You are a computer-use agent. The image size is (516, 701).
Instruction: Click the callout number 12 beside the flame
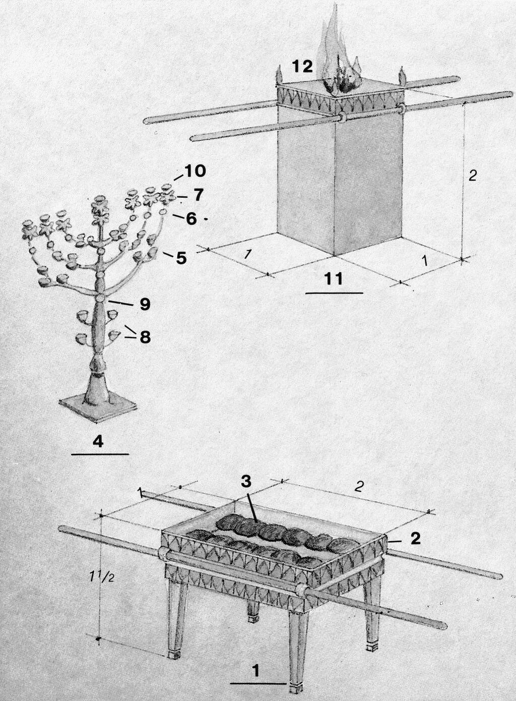click(x=302, y=67)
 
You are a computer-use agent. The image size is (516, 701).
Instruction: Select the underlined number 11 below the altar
click(x=334, y=278)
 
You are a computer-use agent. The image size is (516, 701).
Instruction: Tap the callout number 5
click(x=181, y=258)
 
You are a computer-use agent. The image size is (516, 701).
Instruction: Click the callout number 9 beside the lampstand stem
click(x=145, y=304)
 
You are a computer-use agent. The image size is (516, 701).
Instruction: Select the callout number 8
click(x=145, y=337)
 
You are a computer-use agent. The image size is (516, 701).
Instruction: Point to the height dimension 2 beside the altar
click(x=472, y=176)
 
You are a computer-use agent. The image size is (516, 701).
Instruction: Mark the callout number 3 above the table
click(x=246, y=482)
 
